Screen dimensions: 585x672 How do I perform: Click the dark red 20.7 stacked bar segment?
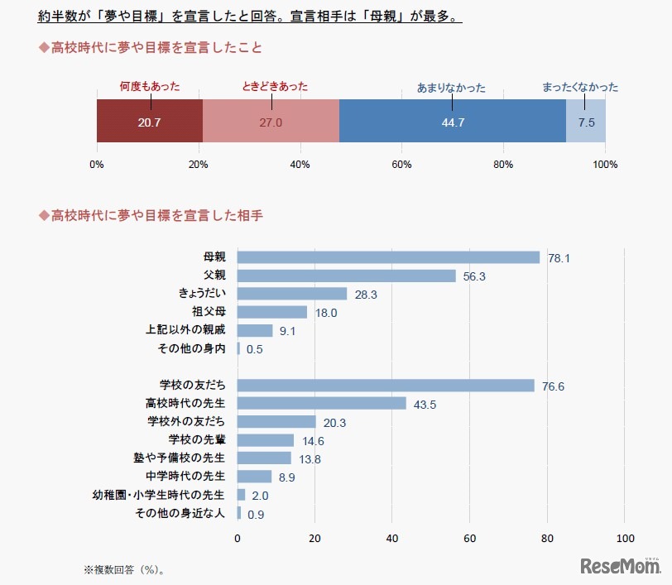coord(150,122)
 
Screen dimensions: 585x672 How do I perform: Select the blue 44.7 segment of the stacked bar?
coord(452,122)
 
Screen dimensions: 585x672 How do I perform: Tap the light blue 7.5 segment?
coord(586,122)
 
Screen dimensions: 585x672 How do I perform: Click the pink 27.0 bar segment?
coord(271,122)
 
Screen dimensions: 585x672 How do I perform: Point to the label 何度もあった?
coord(150,86)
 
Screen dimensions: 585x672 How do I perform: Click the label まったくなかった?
coord(579,87)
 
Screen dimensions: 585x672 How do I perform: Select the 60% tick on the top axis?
coord(401,165)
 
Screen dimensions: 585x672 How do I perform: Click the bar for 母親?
coord(388,257)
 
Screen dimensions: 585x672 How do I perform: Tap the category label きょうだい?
coord(202,294)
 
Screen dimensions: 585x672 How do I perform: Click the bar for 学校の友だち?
coord(386,385)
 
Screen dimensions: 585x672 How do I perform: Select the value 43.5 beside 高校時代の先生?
coord(424,405)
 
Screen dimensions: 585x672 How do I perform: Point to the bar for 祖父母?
coord(272,312)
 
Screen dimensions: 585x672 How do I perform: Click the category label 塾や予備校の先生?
coord(185,458)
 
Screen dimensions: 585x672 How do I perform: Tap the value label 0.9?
coord(255,515)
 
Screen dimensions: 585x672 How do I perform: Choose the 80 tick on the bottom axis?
coord(547,539)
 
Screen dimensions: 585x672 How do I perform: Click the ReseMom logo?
coord(620,567)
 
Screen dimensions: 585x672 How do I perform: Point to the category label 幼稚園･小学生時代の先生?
coord(158,495)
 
